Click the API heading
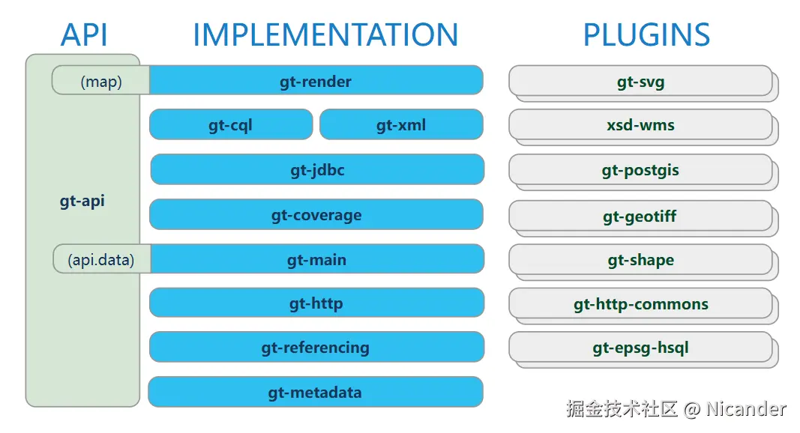click(84, 34)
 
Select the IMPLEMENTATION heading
click(325, 34)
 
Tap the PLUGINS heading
click(646, 34)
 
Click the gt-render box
click(316, 80)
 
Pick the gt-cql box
click(231, 124)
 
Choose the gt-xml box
click(402, 124)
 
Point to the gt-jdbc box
click(317, 169)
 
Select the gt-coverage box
click(316, 214)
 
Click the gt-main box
click(317, 258)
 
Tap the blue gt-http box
click(317, 303)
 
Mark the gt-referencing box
click(317, 347)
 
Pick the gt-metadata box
click(316, 392)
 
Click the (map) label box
click(101, 80)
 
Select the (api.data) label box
click(102, 258)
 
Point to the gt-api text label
click(82, 201)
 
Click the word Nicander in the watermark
click(746, 408)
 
